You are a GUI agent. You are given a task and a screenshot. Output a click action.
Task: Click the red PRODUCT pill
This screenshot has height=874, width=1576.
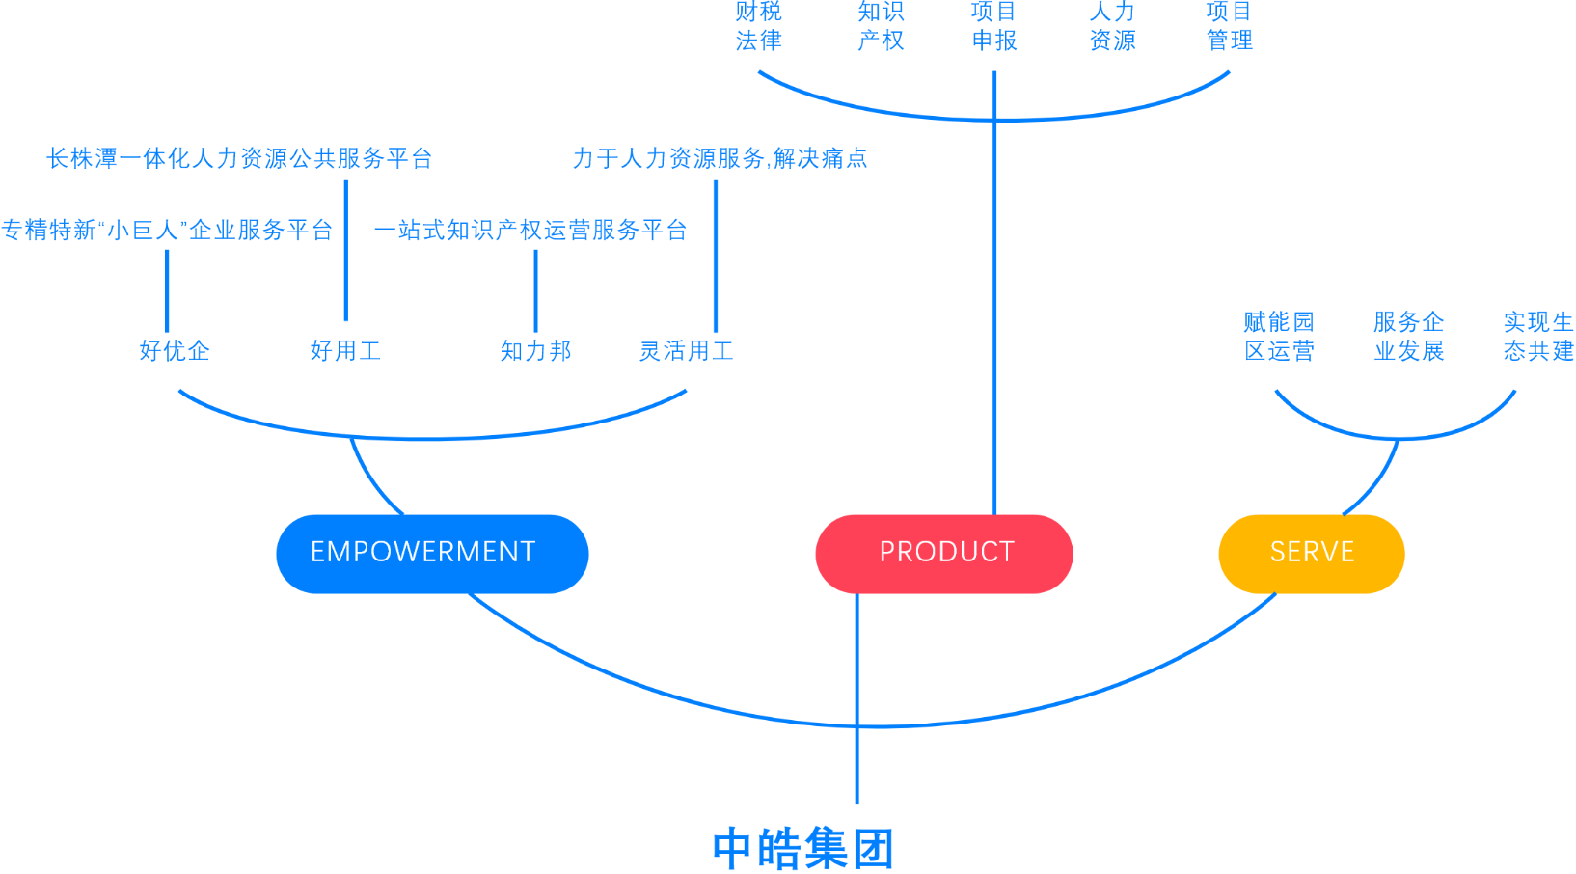pos(944,553)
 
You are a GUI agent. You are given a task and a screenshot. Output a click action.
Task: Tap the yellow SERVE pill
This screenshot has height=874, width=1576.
pos(1312,553)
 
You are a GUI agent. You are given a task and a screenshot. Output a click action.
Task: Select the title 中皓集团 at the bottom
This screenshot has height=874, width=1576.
pos(803,848)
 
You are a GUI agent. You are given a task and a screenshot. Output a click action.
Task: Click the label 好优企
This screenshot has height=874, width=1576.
pos(174,350)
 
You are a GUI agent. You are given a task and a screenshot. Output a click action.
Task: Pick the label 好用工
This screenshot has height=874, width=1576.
pos(345,350)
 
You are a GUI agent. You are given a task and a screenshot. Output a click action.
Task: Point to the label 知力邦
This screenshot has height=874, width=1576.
pos(535,350)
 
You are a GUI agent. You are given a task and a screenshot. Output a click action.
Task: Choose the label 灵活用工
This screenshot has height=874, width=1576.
pos(686,350)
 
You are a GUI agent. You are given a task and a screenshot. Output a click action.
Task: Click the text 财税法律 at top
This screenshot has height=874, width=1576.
pos(758,26)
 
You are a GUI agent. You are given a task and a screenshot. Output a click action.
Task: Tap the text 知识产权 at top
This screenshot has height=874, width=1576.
pos(880,26)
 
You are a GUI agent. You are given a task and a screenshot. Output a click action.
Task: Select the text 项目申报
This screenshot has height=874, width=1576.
pos(993,26)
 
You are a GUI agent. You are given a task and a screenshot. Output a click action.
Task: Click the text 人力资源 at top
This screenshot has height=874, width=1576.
pos(1112,26)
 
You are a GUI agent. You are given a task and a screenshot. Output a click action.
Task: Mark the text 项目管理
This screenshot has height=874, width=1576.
pos(1229,26)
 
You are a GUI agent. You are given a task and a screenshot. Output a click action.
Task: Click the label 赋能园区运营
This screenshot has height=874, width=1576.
pos(1279,336)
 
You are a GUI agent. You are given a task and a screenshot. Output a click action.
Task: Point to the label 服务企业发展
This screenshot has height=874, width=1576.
pos(1408,336)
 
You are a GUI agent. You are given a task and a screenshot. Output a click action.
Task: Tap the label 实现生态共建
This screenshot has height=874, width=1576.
pos(1537,336)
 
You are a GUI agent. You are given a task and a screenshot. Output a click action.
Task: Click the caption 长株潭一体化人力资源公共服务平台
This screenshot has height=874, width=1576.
pos(239,158)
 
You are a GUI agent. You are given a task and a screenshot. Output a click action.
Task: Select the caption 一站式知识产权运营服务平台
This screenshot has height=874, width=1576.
pos(530,230)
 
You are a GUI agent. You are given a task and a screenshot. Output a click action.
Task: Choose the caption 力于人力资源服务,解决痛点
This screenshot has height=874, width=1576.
pos(720,158)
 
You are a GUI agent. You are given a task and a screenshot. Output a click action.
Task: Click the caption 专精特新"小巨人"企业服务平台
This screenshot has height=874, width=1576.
pos(167,230)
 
